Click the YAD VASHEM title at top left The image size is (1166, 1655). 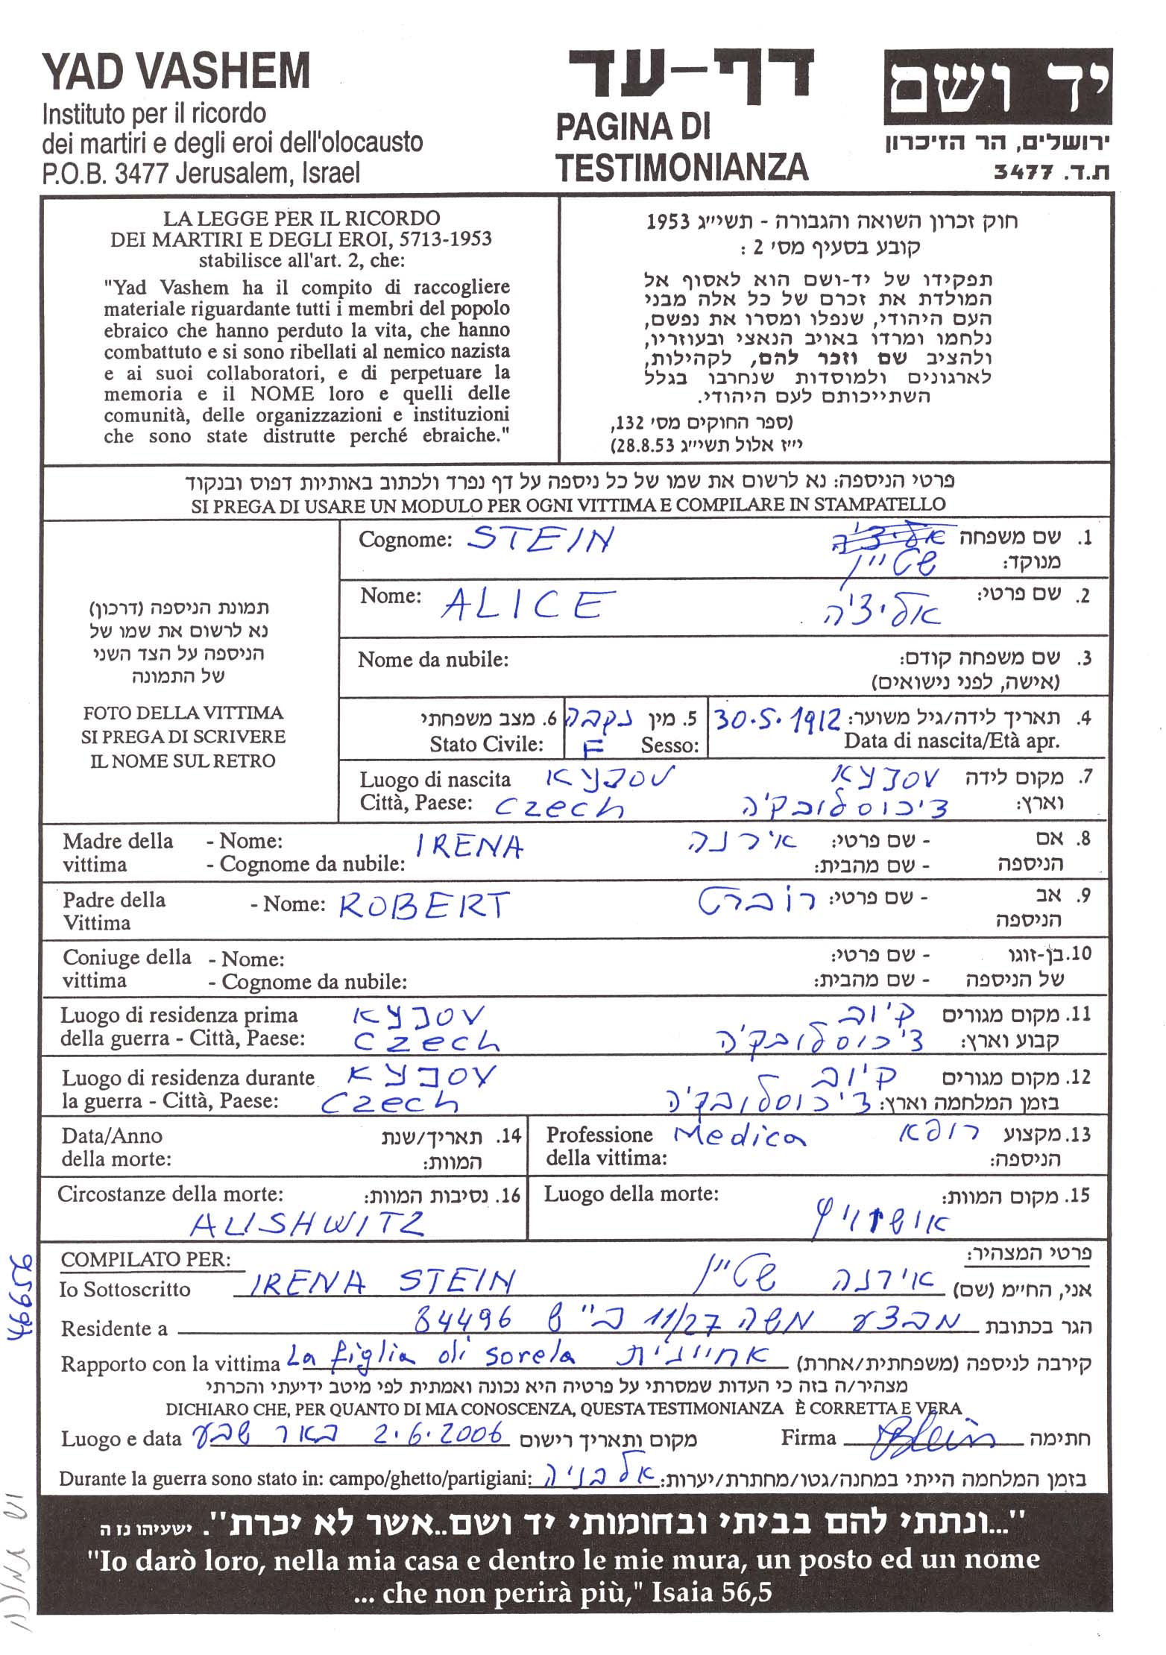tap(176, 72)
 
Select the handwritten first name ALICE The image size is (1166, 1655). tap(528, 605)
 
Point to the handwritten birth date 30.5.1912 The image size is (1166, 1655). tap(778, 719)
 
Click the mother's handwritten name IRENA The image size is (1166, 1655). tap(469, 846)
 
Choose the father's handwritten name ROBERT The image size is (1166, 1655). tap(423, 905)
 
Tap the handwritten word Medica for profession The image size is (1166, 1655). tap(739, 1135)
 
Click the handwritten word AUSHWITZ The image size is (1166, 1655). tap(306, 1223)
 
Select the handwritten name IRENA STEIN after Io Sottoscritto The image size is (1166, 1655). tap(379, 1282)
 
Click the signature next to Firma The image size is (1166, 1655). tap(933, 1435)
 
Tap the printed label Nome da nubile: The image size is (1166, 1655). tap(433, 660)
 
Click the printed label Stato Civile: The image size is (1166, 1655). tap(486, 744)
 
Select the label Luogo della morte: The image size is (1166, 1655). tap(631, 1194)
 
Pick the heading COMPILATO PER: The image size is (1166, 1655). tap(145, 1260)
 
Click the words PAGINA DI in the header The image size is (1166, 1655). tap(632, 127)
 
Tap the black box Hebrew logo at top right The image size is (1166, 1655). tap(998, 86)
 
